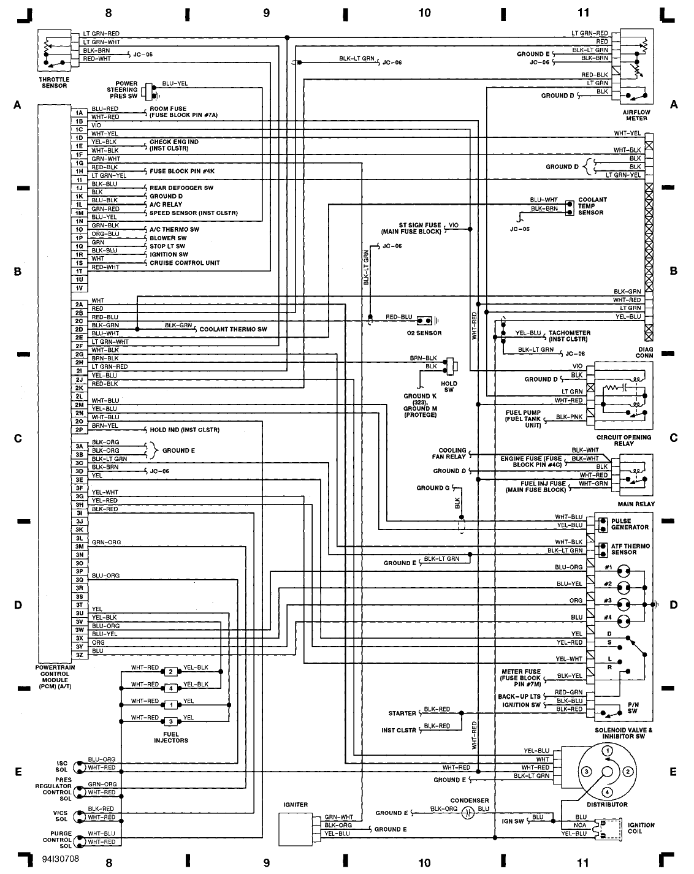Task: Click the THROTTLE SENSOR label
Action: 54,82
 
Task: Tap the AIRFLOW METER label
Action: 636,115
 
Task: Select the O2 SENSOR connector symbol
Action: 424,321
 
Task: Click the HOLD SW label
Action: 449,387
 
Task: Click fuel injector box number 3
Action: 171,721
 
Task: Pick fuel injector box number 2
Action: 171,672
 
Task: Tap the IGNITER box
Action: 296,830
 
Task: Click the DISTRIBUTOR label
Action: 606,804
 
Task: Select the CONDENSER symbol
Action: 468,813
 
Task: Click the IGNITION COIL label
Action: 641,829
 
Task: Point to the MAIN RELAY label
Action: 636,504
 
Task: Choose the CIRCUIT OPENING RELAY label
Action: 623,440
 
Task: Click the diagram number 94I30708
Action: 61,859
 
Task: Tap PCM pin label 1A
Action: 79,113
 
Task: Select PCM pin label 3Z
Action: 79,655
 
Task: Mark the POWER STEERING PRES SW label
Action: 123,90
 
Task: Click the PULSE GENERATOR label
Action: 629,524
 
